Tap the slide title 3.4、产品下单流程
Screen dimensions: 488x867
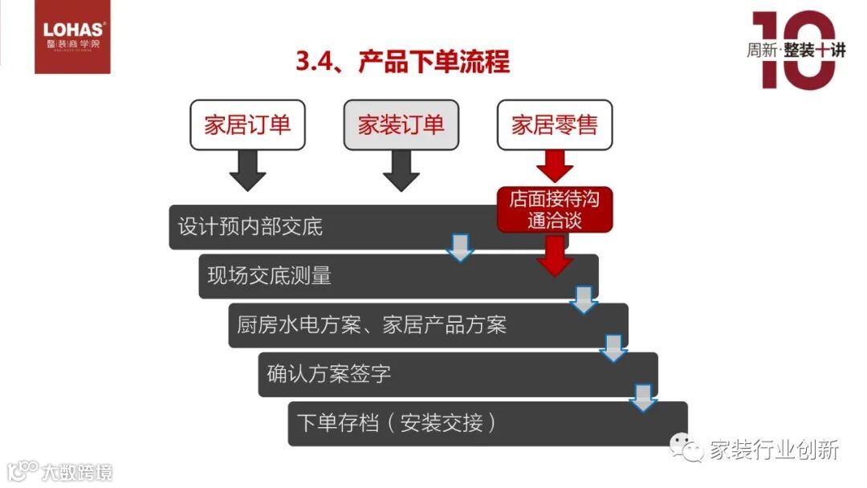coord(402,61)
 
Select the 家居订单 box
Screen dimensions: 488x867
coord(247,124)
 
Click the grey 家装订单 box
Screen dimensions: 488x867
coord(401,124)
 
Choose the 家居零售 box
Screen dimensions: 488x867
coord(555,124)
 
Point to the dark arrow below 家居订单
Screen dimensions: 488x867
coord(247,170)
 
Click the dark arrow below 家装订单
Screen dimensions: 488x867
coord(401,170)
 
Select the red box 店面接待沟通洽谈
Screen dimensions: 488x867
coord(555,209)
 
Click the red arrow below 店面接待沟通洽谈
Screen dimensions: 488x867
coord(555,255)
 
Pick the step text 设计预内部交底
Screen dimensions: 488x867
coord(250,227)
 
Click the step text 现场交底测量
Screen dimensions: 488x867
coord(270,276)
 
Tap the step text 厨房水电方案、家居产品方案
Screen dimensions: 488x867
coord(372,325)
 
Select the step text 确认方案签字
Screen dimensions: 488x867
coord(329,374)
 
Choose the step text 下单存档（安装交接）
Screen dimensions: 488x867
coord(397,423)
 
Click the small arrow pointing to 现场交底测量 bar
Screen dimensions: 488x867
coord(461,248)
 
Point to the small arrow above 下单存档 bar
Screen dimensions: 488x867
coord(642,396)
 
